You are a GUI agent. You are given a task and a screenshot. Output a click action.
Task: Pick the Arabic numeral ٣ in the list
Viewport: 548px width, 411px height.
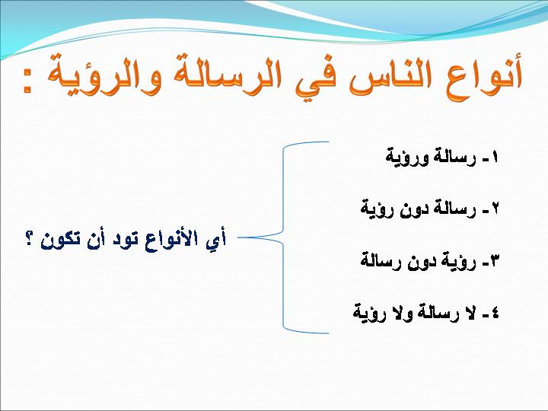[x=495, y=261]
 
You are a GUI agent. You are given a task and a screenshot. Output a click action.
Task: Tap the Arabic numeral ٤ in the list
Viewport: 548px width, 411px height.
[x=495, y=313]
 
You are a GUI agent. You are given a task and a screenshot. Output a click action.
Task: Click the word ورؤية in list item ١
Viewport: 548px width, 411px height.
[x=403, y=158]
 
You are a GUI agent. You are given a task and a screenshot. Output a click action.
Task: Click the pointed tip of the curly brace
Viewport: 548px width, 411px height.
[x=238, y=237]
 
